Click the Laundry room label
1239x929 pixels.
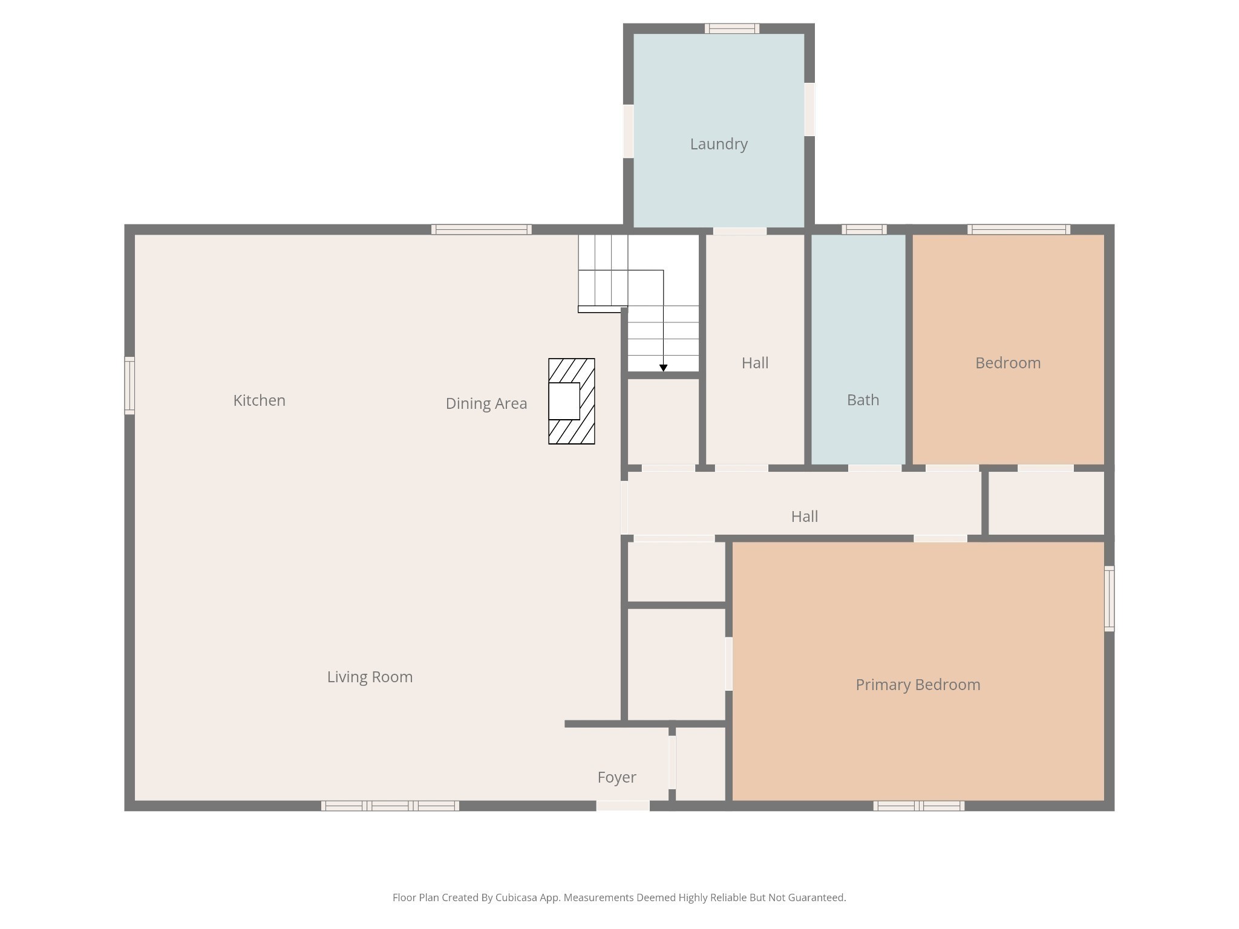click(719, 145)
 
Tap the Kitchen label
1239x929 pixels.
click(259, 400)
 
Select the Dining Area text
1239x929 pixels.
click(486, 404)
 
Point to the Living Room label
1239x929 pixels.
click(370, 677)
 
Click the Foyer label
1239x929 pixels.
click(616, 778)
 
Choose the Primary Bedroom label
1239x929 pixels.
click(918, 685)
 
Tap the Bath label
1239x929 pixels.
click(863, 400)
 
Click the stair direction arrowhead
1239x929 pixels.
click(663, 368)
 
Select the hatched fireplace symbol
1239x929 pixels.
click(571, 401)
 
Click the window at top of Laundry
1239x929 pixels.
click(731, 28)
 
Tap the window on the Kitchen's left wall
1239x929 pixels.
click(129, 386)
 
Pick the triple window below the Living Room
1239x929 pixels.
click(390, 806)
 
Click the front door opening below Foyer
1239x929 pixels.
click(623, 806)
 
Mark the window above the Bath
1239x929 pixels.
click(864, 229)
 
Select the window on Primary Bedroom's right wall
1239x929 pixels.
click(1109, 599)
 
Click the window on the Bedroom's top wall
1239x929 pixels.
click(1019, 229)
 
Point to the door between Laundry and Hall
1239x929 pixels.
click(739, 231)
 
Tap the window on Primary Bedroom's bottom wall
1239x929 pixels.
click(918, 806)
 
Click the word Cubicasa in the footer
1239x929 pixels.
click(518, 898)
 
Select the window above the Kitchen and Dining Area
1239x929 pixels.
click(482, 229)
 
